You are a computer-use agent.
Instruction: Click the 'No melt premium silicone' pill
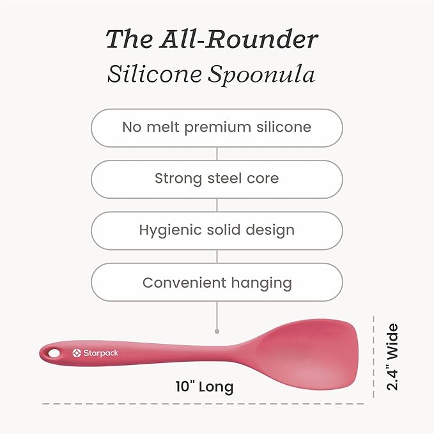(x=217, y=127)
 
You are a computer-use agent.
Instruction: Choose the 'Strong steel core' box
(x=217, y=178)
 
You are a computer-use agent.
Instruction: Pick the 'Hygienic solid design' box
(x=217, y=230)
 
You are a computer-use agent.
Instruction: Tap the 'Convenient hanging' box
(x=217, y=283)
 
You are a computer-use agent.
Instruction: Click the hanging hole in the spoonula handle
(x=54, y=352)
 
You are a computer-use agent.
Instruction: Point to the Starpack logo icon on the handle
(x=77, y=353)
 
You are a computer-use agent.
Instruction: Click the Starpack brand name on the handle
(x=100, y=353)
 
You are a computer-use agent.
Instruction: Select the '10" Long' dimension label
(x=205, y=387)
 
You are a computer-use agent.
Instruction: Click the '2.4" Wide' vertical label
(x=392, y=357)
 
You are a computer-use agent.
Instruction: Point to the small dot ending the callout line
(x=217, y=331)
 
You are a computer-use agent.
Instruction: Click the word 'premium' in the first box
(x=222, y=127)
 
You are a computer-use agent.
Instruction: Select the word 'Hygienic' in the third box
(x=168, y=231)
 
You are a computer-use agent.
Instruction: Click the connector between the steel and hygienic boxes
(x=217, y=205)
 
